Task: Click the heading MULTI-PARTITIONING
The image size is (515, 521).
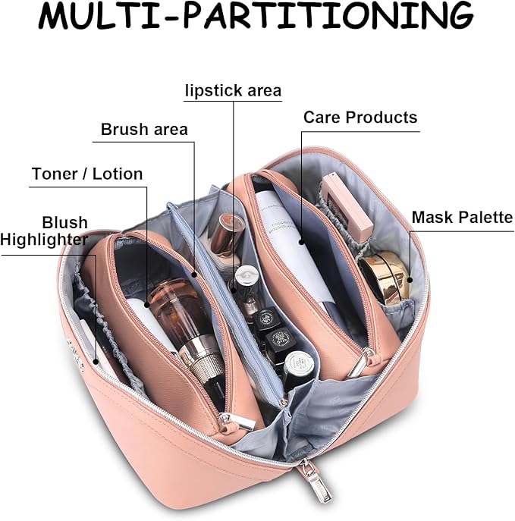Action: (x=256, y=16)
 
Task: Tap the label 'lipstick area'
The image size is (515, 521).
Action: (x=234, y=90)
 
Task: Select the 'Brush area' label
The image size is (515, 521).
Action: (x=144, y=129)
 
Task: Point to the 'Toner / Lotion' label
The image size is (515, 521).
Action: (x=87, y=174)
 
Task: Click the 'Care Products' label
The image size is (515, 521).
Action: (x=360, y=118)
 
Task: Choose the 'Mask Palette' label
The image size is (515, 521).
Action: (x=463, y=218)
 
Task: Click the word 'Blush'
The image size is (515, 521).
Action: (x=64, y=223)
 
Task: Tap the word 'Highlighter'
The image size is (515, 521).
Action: (x=44, y=240)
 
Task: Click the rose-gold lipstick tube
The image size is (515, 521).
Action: (x=227, y=234)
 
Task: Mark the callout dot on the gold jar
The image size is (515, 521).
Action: (x=410, y=280)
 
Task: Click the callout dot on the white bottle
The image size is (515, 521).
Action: (x=302, y=242)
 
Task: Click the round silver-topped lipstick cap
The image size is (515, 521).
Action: (x=247, y=276)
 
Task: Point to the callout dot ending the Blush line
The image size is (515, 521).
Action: (x=96, y=362)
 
